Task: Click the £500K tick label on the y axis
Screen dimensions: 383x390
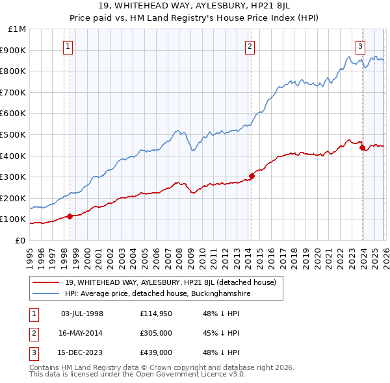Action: click(14, 134)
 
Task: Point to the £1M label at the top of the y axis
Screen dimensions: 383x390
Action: click(18, 29)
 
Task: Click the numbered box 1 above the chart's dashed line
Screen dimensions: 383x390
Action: click(69, 45)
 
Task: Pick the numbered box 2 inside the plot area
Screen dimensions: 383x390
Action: click(250, 45)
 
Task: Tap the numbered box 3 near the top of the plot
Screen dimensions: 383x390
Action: click(360, 45)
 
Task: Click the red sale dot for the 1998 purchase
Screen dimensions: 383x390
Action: click(70, 216)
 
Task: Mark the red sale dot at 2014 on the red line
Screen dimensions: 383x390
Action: click(252, 176)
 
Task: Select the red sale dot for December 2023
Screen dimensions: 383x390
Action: click(362, 147)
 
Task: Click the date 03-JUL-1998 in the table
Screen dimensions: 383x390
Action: click(82, 314)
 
